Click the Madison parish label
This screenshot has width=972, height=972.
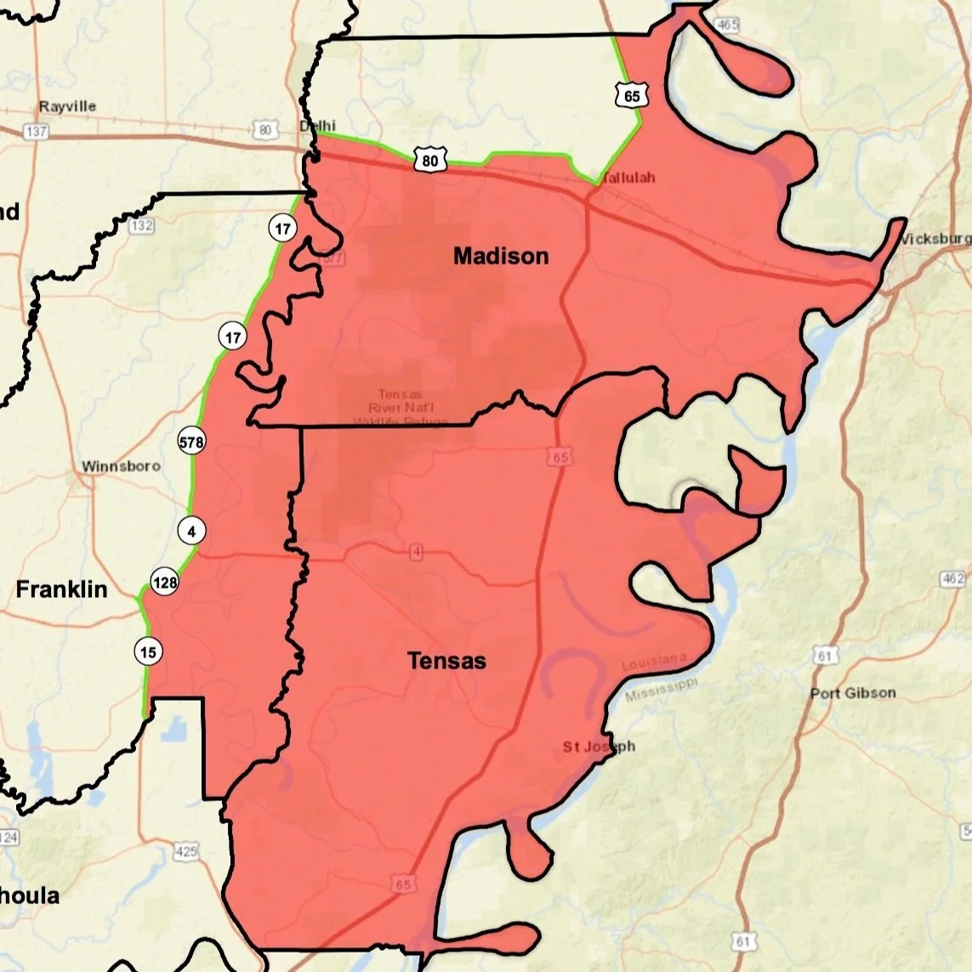tap(500, 256)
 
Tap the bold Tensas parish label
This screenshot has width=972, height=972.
tap(446, 661)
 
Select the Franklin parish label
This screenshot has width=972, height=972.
tap(61, 589)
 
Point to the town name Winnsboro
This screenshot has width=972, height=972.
tap(121, 466)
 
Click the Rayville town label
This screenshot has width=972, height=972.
tap(67, 106)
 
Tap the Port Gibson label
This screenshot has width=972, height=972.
tap(852, 693)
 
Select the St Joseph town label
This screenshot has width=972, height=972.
tap(599, 747)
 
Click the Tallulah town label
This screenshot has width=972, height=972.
tap(628, 179)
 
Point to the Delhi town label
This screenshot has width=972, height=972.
tap(317, 126)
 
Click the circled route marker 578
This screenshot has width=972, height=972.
tap(190, 442)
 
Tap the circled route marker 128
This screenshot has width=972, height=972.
tap(165, 583)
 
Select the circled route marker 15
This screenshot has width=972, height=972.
tap(148, 652)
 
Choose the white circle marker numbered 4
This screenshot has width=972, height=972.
tap(191, 531)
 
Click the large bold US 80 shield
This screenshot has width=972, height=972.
tap(430, 160)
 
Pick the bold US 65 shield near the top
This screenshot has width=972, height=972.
tap(631, 95)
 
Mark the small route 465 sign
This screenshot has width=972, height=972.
tap(727, 25)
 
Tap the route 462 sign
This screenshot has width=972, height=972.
tap(953, 579)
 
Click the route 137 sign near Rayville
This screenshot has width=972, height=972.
tap(37, 132)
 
